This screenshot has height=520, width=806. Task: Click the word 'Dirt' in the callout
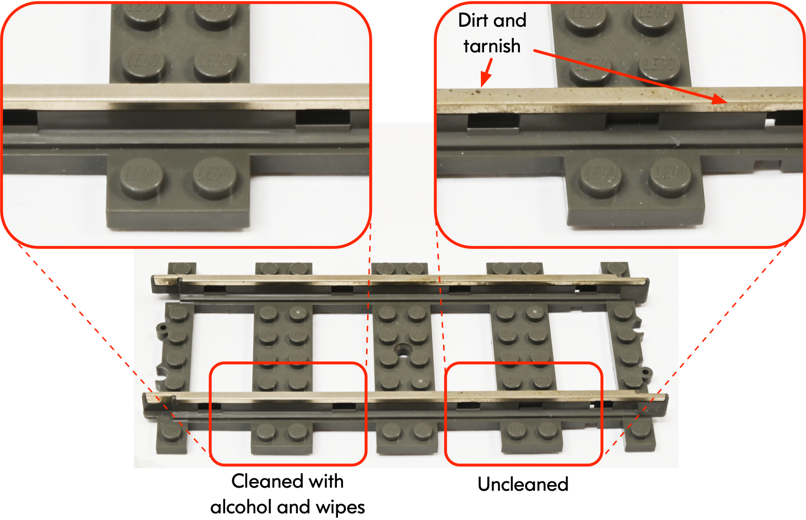(x=473, y=21)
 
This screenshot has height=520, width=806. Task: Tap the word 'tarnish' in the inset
(x=492, y=46)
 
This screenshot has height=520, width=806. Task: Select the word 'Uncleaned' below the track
(x=522, y=484)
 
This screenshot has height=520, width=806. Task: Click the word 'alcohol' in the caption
(x=240, y=507)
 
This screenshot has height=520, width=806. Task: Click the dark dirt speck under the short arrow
(x=478, y=92)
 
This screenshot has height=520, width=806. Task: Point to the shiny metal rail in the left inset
(x=185, y=94)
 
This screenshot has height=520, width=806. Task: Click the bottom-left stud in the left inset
(x=142, y=175)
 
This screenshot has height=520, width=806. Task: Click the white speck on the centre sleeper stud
(x=422, y=381)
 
